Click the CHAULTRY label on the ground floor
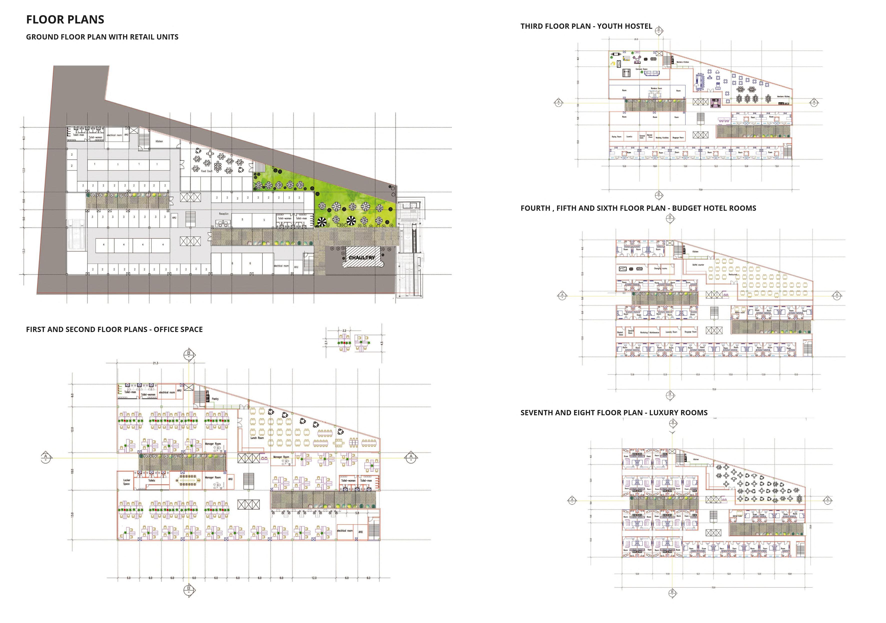click(x=362, y=257)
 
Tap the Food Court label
click(x=207, y=171)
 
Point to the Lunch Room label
click(x=257, y=438)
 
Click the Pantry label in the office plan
click(x=215, y=399)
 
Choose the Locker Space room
click(x=127, y=482)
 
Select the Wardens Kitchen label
click(x=682, y=62)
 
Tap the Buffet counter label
click(x=698, y=265)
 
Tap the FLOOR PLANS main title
click(x=65, y=20)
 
